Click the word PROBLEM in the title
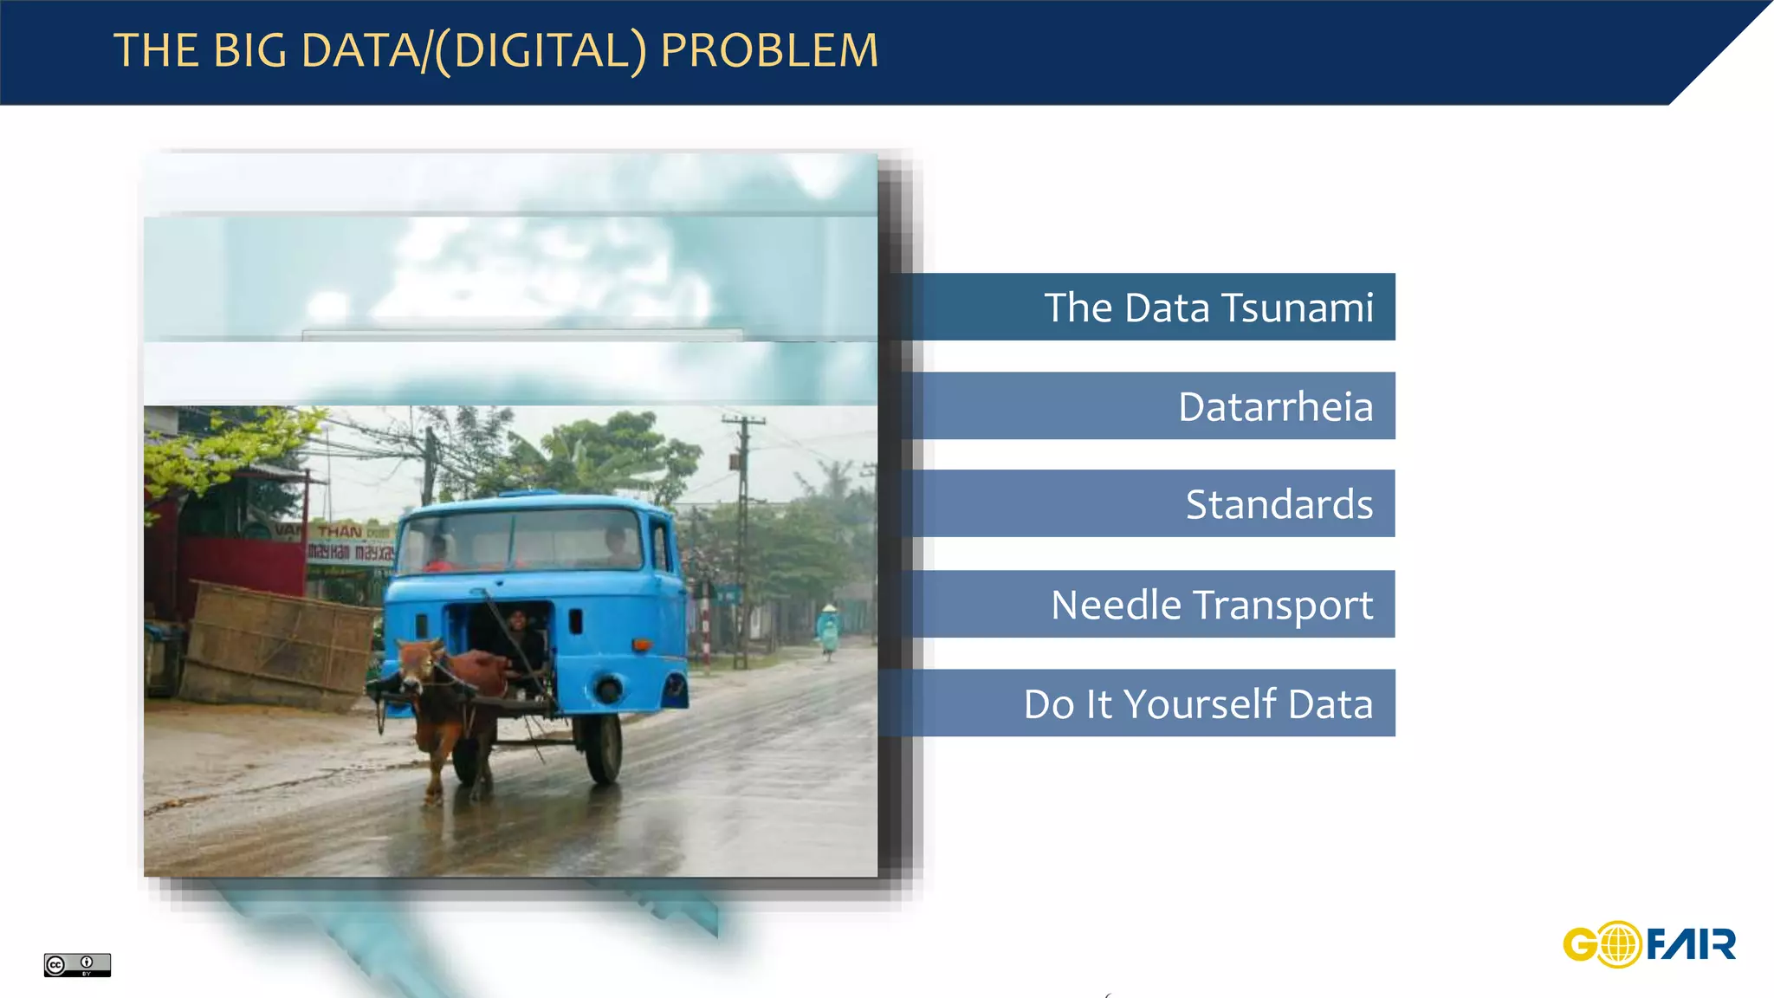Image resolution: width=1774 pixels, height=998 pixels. [769, 50]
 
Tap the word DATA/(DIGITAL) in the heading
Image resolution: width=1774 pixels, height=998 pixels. [474, 50]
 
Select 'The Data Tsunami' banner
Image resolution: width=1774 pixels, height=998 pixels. [1207, 308]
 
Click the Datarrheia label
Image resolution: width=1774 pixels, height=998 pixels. [1275, 406]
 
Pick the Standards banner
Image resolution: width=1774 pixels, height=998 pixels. [1279, 504]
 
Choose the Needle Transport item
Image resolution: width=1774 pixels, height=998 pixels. [1211, 605]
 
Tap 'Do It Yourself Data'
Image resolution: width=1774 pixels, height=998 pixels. [1197, 703]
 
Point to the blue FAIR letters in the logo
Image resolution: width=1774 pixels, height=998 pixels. [1691, 943]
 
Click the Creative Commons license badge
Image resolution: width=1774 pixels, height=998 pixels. [77, 964]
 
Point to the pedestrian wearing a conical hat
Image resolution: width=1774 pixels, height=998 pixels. [829, 631]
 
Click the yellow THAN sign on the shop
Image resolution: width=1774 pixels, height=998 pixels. [340, 530]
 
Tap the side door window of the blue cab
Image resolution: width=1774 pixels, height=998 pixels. [660, 546]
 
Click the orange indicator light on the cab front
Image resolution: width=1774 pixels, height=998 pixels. [642, 645]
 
